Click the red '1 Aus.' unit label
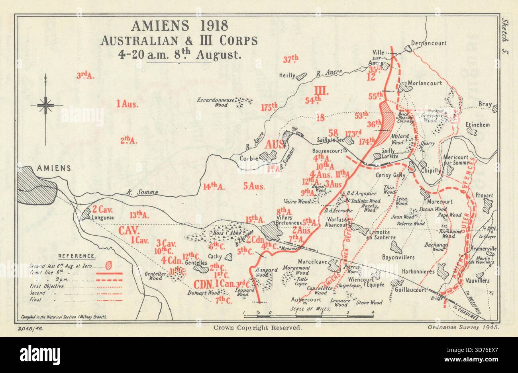pyautogui.click(x=127, y=105)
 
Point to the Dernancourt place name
pyautogui.click(x=428, y=43)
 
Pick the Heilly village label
pyautogui.click(x=287, y=75)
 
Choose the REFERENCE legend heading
pyautogui.click(x=77, y=256)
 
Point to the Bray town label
pyautogui.click(x=485, y=104)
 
